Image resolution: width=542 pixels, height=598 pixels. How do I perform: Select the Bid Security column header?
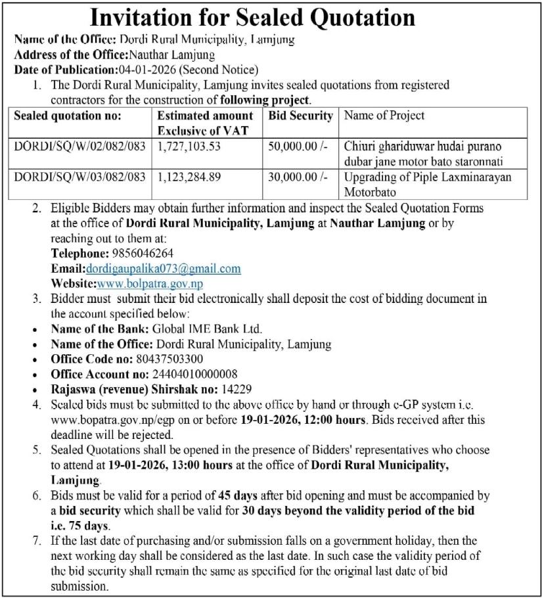[x=301, y=116]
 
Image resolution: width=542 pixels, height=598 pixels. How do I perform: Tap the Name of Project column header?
[x=384, y=116]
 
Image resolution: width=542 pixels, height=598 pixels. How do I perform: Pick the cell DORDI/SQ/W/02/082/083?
[x=79, y=145]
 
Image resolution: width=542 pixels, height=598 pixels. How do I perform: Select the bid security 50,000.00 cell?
[x=298, y=145]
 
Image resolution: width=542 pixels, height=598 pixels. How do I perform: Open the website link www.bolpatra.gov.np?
[x=150, y=283]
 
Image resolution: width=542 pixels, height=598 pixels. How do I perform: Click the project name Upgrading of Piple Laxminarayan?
[x=427, y=176]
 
